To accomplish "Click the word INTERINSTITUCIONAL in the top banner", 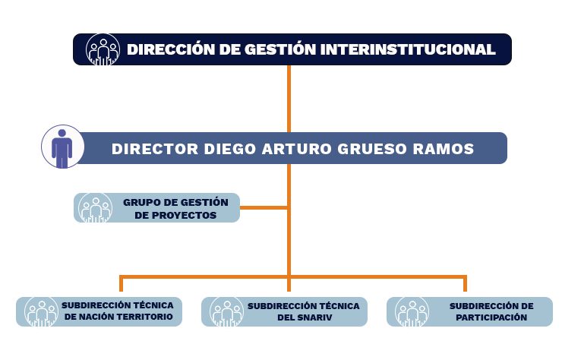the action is tap(408, 49).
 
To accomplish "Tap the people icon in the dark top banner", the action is tap(103, 49).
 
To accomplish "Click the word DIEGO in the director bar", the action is tap(230, 149).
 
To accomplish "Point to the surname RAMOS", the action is tap(444, 149).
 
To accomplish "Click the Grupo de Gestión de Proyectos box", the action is tap(156, 207).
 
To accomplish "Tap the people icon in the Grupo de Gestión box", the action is tap(95, 208).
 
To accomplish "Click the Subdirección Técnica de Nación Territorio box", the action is tap(99, 311).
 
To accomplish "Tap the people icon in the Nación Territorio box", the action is tap(42, 312).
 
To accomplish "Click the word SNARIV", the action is tap(314, 317).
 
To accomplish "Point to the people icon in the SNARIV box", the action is tap(226, 312).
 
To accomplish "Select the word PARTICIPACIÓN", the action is tap(491, 317).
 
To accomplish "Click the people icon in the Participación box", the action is tap(412, 312).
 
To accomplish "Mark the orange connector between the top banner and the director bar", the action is tap(289, 99).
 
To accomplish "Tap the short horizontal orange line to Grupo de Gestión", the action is tap(264, 207).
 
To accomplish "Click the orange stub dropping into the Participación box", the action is tap(465, 284).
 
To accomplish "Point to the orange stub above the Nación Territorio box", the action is tap(122, 284).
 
